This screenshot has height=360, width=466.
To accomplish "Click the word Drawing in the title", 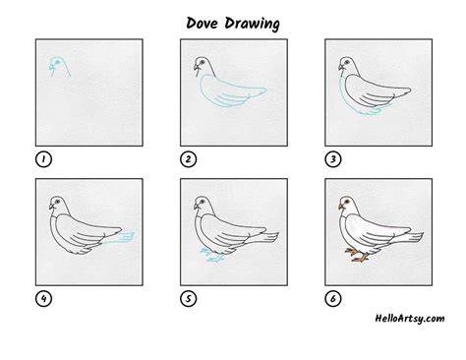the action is tap(253, 24).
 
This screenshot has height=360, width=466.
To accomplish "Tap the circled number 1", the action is tap(43, 159).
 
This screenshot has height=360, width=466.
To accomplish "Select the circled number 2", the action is tap(188, 159).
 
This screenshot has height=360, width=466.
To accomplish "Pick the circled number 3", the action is tap(333, 159).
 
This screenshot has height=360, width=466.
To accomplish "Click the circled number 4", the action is tap(43, 299).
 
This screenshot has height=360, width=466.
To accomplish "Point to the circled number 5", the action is tap(188, 299).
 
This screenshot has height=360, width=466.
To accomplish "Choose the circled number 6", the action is tap(333, 299).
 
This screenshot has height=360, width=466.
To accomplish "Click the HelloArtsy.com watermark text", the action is tap(410, 319).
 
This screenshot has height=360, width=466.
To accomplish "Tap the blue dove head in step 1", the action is tap(59, 67).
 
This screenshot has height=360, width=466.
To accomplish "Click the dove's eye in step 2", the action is tap(202, 62).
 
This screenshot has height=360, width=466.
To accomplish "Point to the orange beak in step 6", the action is tap(341, 207).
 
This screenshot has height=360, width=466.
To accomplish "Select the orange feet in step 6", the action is tap(357, 255).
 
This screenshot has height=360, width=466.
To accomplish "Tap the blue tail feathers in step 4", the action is tap(120, 238).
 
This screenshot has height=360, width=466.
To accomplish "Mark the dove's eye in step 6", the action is tap(347, 201).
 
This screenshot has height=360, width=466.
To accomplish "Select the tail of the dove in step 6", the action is tap(406, 237).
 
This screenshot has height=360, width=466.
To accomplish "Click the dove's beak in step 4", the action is tap(51, 207).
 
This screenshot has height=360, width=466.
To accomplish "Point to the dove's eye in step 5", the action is tap(203, 201).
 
